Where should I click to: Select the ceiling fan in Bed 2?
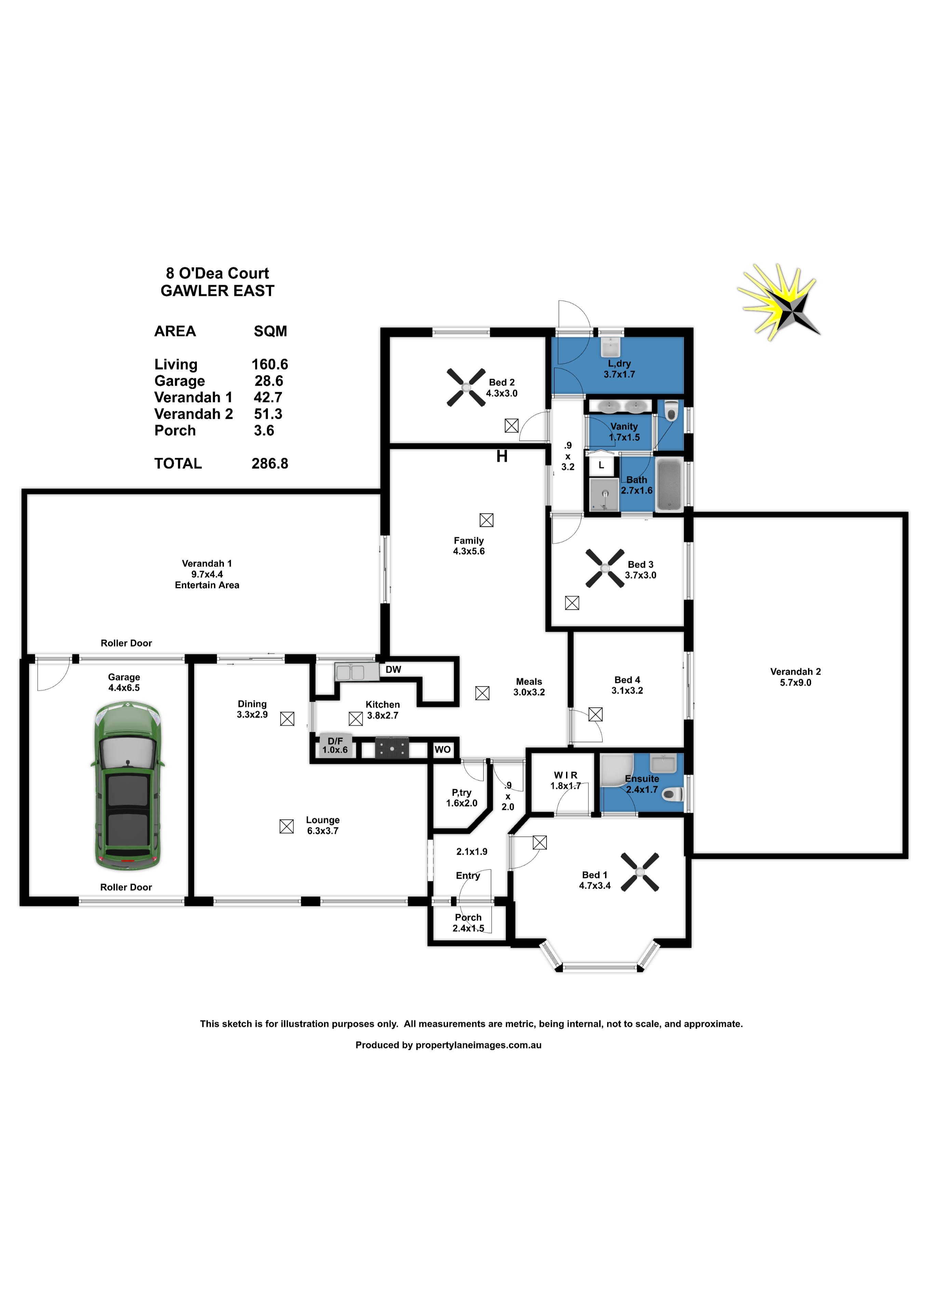coord(466,387)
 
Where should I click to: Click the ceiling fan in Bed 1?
coord(640,872)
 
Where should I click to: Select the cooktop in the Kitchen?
coord(392,748)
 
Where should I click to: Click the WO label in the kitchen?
coord(443,749)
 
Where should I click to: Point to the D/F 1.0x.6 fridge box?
coord(335,745)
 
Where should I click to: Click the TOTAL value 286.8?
coord(270,463)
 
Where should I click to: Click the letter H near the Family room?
coord(502,456)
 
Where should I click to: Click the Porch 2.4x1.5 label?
coord(468,922)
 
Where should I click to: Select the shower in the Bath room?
coord(604,495)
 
